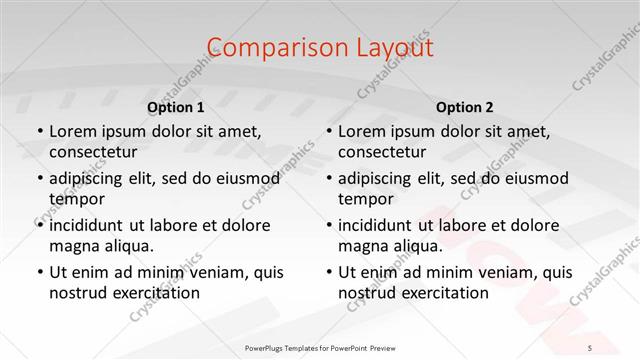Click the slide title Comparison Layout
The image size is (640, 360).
(320, 47)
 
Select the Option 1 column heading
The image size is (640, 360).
(175, 107)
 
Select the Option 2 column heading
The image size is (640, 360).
(464, 107)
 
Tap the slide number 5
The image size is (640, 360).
(590, 347)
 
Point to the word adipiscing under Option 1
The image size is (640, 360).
(91, 178)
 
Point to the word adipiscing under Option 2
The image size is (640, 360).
(380, 178)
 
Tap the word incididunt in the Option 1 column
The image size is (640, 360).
(91, 225)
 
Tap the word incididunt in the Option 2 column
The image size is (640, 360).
(380, 225)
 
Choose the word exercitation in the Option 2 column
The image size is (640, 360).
(444, 293)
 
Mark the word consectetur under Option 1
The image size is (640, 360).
(93, 152)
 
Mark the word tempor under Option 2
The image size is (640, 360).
(366, 200)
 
